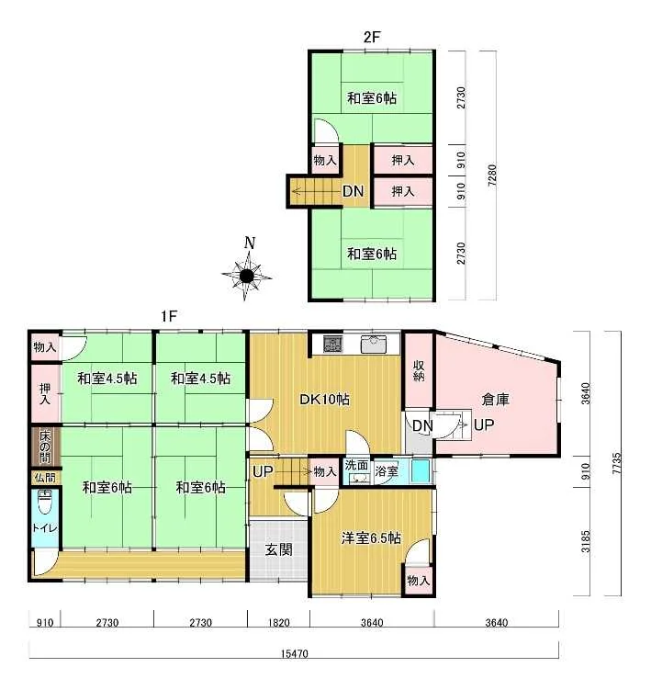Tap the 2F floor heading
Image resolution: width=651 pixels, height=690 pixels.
coord(371,37)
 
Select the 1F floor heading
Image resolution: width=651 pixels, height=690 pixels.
coord(169,315)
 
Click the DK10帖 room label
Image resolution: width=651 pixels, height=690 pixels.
coord(325,399)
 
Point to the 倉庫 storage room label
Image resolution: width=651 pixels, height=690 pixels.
coord(495,399)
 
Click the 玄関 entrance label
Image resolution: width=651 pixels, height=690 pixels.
coord(278,549)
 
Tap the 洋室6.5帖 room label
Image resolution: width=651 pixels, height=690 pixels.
coord(371,537)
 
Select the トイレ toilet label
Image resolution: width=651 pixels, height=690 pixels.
coord(44,527)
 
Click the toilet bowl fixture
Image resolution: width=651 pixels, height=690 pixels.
coord(44,502)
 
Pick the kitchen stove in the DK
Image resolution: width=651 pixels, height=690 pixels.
coord(332,345)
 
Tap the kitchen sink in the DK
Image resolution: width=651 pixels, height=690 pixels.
coord(374,344)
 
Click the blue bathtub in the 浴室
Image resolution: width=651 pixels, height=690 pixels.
coord(420,471)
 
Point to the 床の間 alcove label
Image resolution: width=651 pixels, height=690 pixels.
coord(45,447)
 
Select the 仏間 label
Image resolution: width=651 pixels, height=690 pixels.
coord(45,478)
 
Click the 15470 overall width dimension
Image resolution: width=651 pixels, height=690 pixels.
coord(294,653)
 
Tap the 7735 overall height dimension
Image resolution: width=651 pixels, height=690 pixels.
coord(617,463)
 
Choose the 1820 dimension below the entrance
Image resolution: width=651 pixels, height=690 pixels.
coord(279,623)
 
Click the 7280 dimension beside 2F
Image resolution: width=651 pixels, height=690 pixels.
coord(492,175)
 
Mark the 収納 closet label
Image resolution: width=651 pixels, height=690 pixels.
coord(419,370)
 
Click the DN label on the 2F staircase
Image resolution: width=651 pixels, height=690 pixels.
coord(354,191)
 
